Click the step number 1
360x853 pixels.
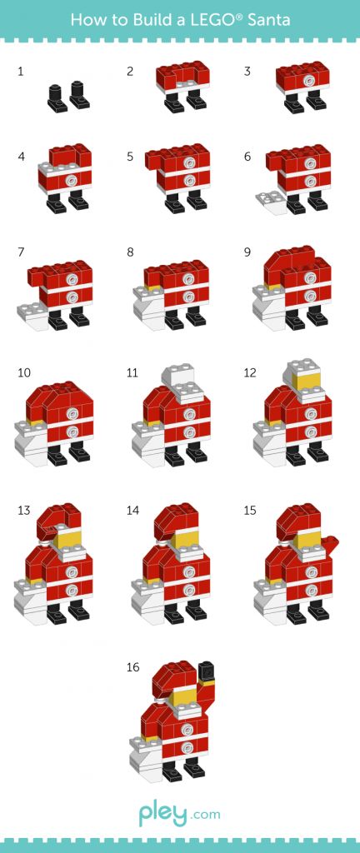(21, 72)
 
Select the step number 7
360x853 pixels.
(21, 252)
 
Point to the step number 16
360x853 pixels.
(132, 667)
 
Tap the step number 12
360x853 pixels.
(250, 373)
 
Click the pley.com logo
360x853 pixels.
(179, 815)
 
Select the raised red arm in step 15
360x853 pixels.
(327, 546)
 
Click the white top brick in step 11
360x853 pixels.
(175, 376)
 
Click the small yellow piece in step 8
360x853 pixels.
(154, 287)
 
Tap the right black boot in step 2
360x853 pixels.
(197, 99)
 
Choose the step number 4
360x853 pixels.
(21, 157)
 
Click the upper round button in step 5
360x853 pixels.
(189, 162)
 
